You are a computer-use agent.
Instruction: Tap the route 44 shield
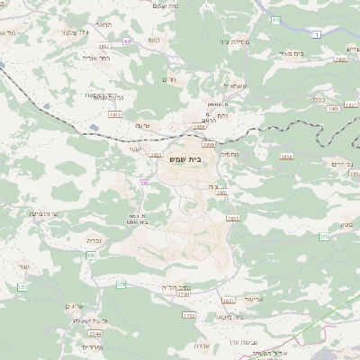[127, 40]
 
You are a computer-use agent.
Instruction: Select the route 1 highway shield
[317, 33]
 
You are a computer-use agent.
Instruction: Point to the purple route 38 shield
[143, 183]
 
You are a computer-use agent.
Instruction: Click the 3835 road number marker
[115, 114]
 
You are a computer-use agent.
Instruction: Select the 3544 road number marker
[95, 333]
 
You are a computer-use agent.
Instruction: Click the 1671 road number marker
[228, 301]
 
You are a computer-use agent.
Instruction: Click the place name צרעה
[142, 126]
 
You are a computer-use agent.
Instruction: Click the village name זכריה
[94, 240]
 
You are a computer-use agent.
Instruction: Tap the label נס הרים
[338, 163]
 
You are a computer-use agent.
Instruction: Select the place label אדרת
[202, 345]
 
